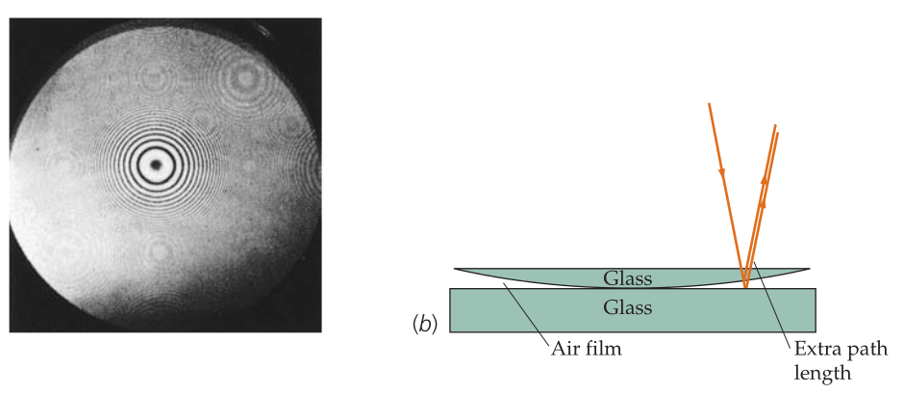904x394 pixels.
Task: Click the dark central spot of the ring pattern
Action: click(x=156, y=165)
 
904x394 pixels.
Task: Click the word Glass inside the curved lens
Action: click(x=628, y=278)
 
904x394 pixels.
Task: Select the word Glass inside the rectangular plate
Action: click(x=628, y=307)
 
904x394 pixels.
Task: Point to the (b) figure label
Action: click(x=425, y=325)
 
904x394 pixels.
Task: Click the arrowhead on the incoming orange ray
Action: click(x=722, y=172)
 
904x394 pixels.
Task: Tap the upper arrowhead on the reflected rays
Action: click(x=765, y=180)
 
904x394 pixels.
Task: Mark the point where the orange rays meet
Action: click(x=745, y=287)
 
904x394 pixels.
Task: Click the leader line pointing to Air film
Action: click(x=526, y=311)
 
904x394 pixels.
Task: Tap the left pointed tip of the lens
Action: click(x=455, y=269)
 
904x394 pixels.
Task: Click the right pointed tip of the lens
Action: click(x=810, y=269)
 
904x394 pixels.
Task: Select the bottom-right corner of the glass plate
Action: click(x=816, y=331)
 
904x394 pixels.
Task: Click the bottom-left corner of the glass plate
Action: click(x=450, y=331)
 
